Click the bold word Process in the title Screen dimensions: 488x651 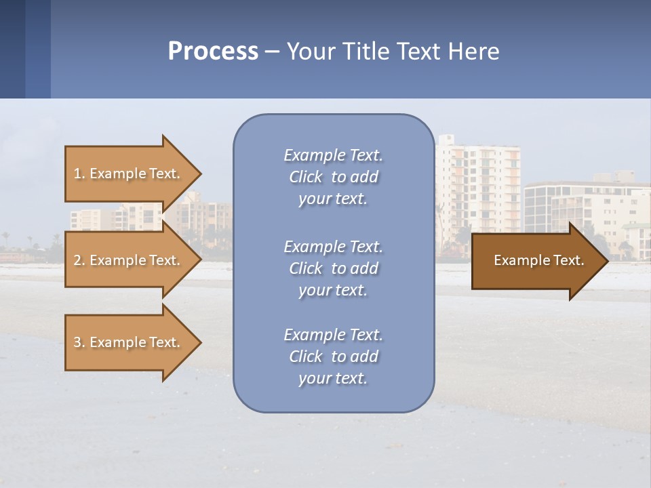pos(213,52)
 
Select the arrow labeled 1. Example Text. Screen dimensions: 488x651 pos(129,174)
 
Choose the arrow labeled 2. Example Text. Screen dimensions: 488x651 pos(129,260)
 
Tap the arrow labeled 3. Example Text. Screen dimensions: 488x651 pos(129,342)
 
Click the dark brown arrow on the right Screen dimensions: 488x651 pos(536,260)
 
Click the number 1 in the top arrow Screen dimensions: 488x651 pos(77,174)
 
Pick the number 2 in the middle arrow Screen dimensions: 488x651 pos(77,260)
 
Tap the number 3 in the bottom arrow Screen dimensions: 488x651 pos(77,342)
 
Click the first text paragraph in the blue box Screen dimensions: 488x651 pos(333,177)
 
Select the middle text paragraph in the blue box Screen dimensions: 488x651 pos(333,268)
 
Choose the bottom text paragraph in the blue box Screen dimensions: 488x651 pos(333,357)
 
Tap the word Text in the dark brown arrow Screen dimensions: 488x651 pos(568,260)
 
